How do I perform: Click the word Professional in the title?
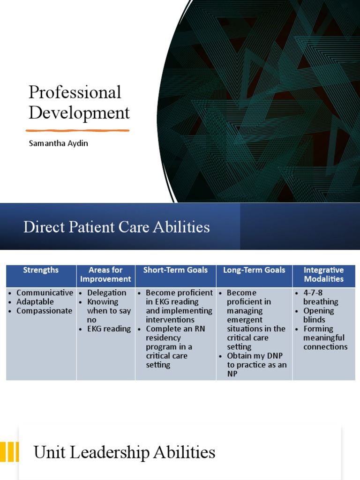point(75,92)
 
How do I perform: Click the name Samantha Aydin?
point(59,143)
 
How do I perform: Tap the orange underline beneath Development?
point(77,130)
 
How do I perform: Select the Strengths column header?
point(41,270)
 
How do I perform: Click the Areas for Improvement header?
point(105,274)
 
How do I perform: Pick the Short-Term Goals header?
point(175,270)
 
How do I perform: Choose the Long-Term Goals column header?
point(254,270)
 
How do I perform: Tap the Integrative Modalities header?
point(323,274)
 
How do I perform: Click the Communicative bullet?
point(45,293)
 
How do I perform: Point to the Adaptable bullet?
point(35,302)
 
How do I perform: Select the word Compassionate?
point(45,311)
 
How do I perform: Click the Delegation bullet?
point(107,293)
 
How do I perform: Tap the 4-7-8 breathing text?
point(321,297)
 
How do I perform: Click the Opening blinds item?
point(319,315)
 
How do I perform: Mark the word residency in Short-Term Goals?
point(162,338)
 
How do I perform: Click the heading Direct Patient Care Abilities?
point(117,227)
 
